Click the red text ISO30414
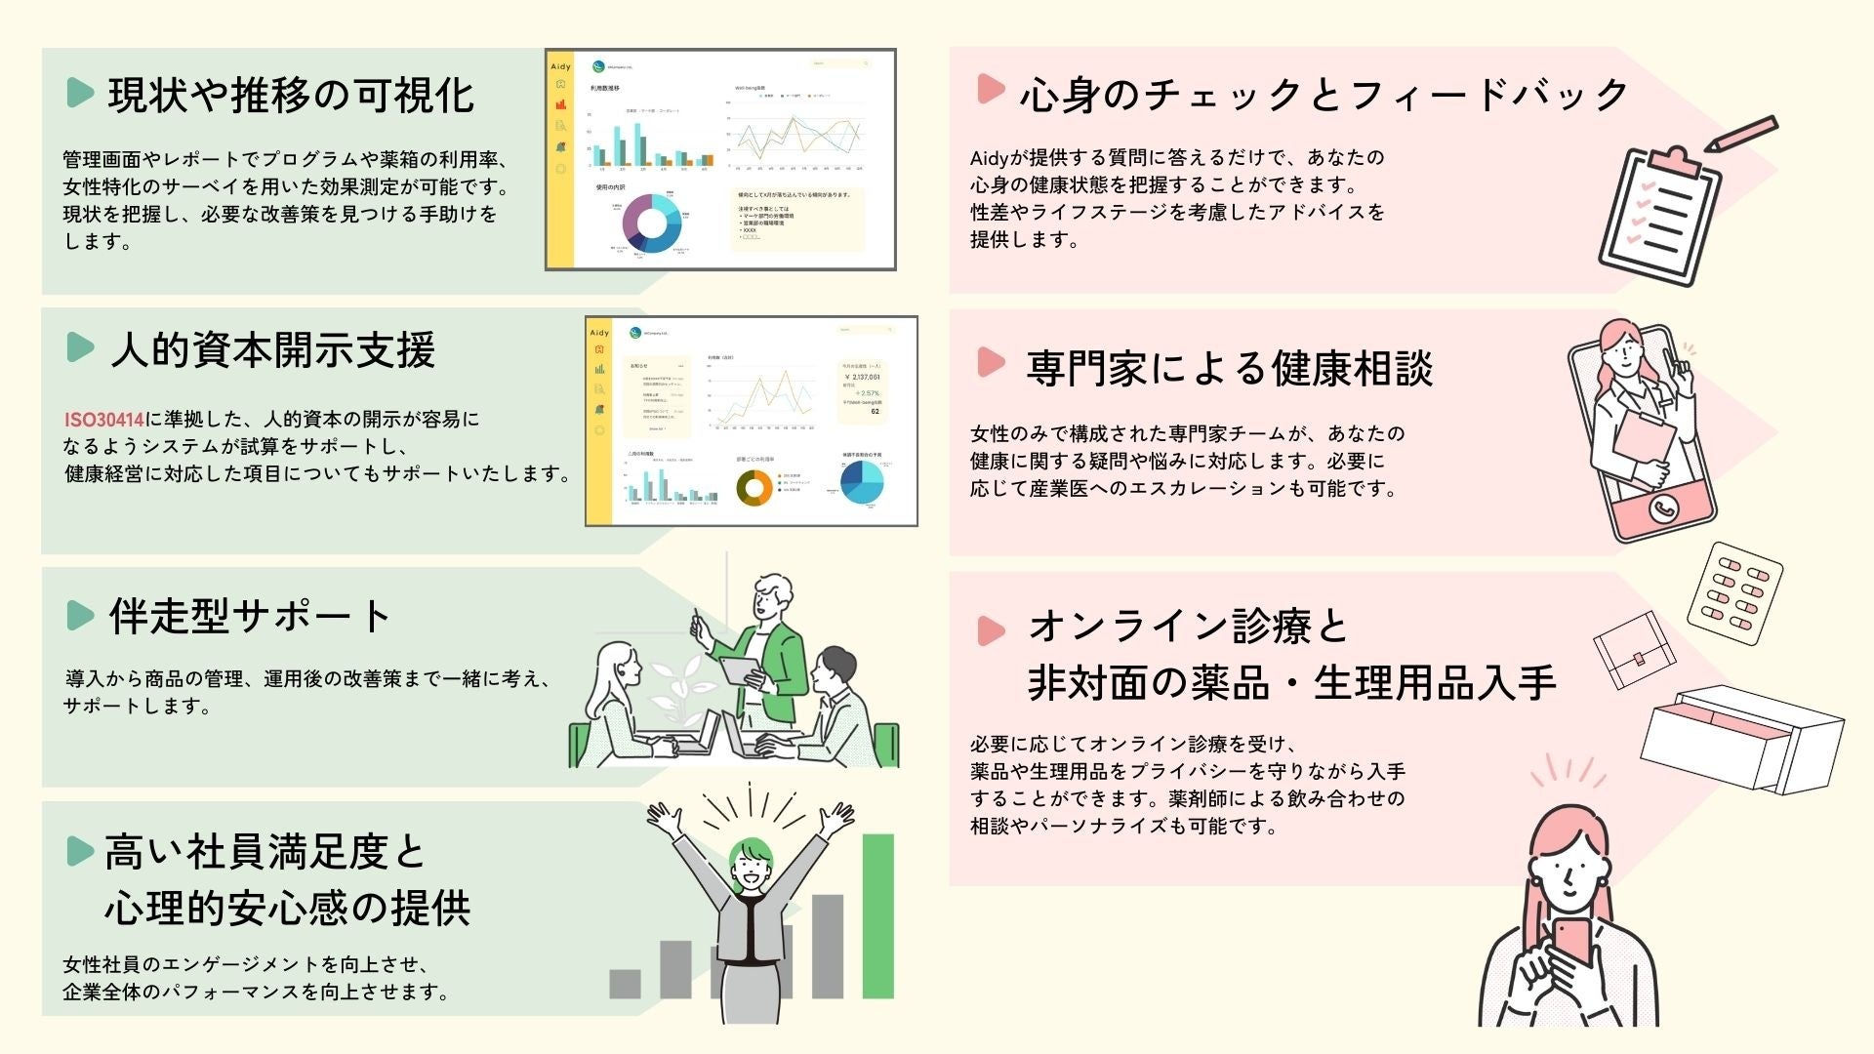click(103, 420)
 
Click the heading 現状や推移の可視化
click(291, 96)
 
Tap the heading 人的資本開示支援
click(272, 349)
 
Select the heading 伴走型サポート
click(249, 616)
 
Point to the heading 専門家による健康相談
click(1229, 369)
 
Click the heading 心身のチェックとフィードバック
click(1324, 95)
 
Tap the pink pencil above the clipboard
click(1741, 134)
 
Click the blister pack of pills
click(1734, 593)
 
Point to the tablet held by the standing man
click(740, 671)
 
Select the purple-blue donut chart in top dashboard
click(651, 224)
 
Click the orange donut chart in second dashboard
click(754, 487)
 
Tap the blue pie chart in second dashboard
click(860, 482)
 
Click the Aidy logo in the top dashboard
click(560, 66)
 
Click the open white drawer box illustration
click(1741, 737)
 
